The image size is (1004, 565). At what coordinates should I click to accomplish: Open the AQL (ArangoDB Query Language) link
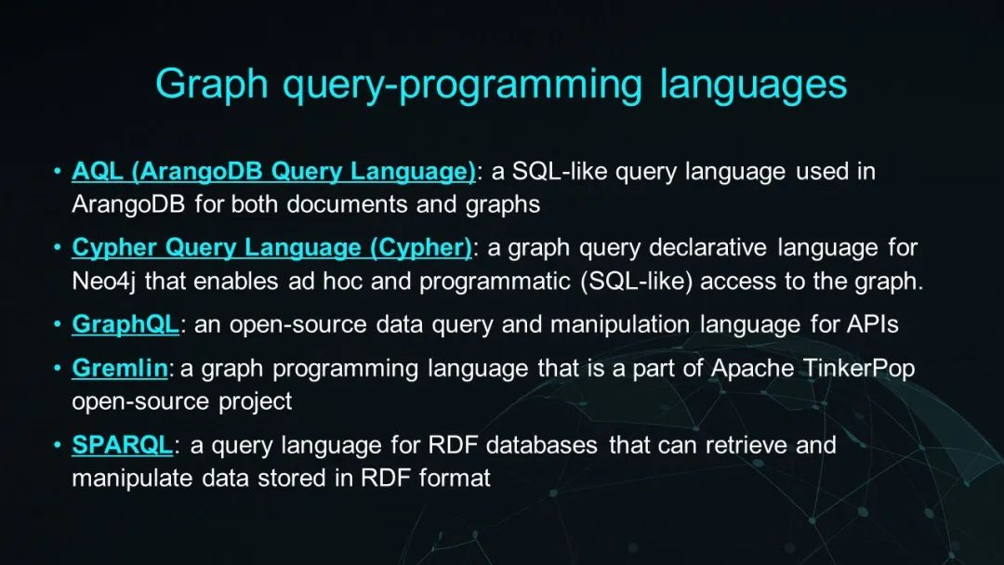pyautogui.click(x=273, y=172)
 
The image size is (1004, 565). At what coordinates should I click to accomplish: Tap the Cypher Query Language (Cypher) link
pyautogui.click(x=271, y=248)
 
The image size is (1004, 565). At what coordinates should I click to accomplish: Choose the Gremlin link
pyautogui.click(x=120, y=369)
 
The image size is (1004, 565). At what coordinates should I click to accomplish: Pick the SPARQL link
pyautogui.click(x=123, y=445)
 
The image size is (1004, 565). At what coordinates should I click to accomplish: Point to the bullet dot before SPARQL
pyautogui.click(x=58, y=445)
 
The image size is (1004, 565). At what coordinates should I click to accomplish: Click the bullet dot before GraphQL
pyautogui.click(x=58, y=324)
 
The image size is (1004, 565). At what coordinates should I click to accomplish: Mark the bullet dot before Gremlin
pyautogui.click(x=58, y=369)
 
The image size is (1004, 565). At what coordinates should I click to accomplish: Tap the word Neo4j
pyautogui.click(x=104, y=282)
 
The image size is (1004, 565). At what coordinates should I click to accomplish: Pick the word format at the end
pyautogui.click(x=455, y=478)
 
